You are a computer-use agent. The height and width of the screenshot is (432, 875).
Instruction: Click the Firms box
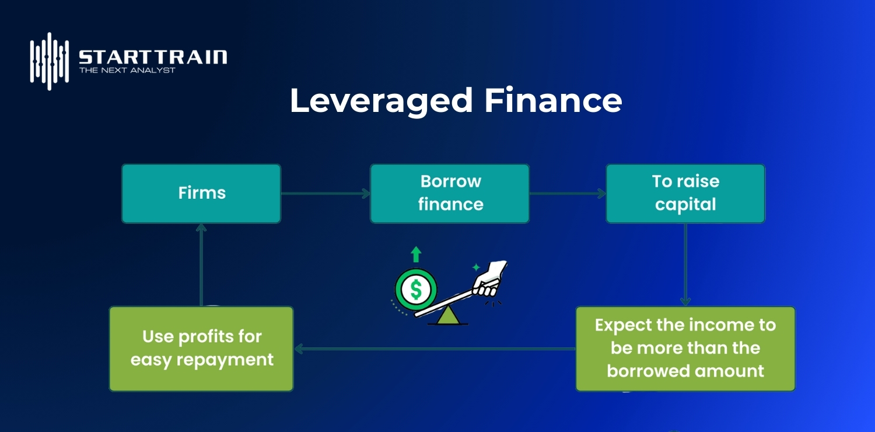(x=201, y=194)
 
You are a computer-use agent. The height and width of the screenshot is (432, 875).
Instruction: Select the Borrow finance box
(x=450, y=194)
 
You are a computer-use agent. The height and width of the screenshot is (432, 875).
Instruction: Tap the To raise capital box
(x=685, y=194)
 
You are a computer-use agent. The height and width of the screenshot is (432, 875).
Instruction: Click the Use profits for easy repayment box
(x=201, y=349)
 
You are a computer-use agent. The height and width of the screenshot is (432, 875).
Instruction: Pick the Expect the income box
(x=685, y=349)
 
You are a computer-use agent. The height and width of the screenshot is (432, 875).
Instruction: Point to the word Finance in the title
(x=552, y=101)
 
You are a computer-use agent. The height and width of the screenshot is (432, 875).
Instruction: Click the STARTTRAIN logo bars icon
(x=50, y=61)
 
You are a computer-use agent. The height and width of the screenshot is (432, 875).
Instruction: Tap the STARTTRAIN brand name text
(x=153, y=57)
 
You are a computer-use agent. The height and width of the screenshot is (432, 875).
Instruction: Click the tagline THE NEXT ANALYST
(x=127, y=70)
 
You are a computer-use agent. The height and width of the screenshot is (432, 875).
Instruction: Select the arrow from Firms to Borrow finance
(x=325, y=194)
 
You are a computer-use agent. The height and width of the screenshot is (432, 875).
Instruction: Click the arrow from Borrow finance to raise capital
(x=568, y=194)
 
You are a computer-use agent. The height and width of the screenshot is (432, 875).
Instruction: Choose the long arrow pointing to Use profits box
(x=435, y=349)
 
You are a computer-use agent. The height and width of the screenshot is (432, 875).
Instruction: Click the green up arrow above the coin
(x=416, y=254)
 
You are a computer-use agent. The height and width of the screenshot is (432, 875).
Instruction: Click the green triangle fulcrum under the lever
(x=447, y=315)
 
